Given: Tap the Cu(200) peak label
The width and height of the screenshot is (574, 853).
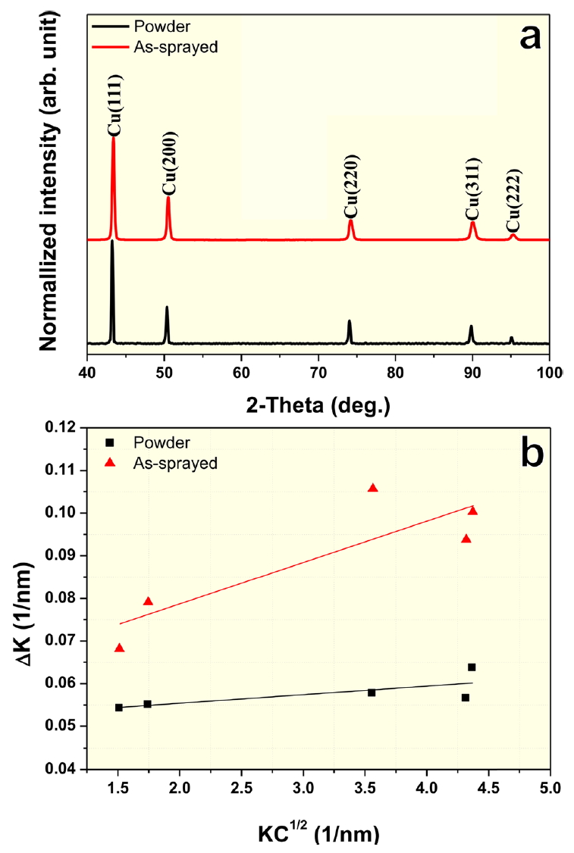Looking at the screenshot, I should (171, 164).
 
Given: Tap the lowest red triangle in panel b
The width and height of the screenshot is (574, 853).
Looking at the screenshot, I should (119, 648).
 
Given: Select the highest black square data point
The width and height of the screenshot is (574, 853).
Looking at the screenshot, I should (472, 667).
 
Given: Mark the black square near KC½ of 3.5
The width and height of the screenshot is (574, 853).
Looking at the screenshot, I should (372, 692).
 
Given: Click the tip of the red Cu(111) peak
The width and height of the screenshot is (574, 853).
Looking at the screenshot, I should (113, 137).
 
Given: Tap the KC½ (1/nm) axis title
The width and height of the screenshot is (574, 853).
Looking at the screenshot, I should (318, 833).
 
